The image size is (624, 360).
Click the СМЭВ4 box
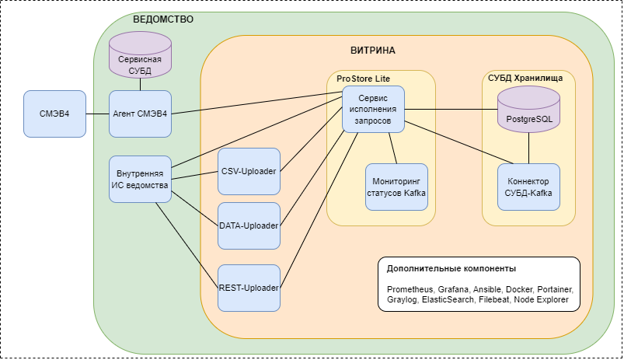(54, 114)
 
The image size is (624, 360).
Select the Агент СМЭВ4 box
(140, 114)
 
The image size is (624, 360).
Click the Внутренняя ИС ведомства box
(140, 180)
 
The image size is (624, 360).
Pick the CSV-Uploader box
(249, 171)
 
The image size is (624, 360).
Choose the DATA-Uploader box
(249, 225)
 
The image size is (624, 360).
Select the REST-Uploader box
(249, 288)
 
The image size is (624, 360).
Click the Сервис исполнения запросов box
(374, 110)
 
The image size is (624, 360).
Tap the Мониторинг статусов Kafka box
(396, 187)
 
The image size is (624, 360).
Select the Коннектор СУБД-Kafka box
(528, 187)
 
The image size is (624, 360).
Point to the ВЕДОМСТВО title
(163, 19)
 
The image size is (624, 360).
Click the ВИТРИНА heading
(373, 51)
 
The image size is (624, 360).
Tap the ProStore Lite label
(363, 78)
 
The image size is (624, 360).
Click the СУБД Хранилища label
(531, 78)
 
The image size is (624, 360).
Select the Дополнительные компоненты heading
(451, 269)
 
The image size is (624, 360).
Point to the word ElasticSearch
(448, 299)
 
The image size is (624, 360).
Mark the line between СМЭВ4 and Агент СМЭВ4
(97, 114)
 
